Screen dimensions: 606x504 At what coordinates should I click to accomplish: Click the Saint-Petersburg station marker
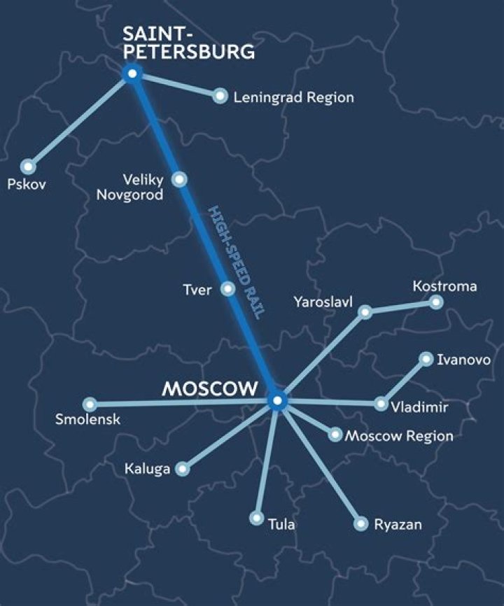[x=131, y=73]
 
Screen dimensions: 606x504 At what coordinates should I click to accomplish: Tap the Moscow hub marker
[x=277, y=401]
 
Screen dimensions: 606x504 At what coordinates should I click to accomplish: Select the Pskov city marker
[x=27, y=167]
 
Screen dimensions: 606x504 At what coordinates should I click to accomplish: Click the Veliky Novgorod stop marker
[x=180, y=179]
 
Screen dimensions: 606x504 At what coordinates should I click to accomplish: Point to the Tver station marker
[x=227, y=288]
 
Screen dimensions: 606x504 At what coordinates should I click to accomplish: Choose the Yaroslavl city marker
[x=365, y=312]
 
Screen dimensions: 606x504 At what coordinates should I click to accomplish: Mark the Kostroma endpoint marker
[x=436, y=302]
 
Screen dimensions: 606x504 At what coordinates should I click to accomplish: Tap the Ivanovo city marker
[x=426, y=359]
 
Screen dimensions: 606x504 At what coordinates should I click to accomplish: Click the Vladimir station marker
[x=381, y=404]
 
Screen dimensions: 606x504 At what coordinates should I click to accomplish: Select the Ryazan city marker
[x=360, y=523]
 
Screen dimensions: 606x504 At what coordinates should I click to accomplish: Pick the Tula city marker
[x=257, y=519]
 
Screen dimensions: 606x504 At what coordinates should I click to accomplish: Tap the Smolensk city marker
[x=89, y=404]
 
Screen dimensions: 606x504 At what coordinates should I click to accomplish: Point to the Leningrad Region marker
[x=220, y=96]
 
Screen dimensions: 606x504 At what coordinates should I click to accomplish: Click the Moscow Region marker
[x=335, y=435]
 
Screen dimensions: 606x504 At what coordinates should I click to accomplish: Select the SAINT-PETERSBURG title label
[x=188, y=42]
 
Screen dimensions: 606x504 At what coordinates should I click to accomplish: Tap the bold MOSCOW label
[x=210, y=389]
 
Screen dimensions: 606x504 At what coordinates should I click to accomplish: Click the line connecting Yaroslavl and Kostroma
[x=400, y=307]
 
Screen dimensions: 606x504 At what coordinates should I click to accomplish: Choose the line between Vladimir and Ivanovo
[x=403, y=381]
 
